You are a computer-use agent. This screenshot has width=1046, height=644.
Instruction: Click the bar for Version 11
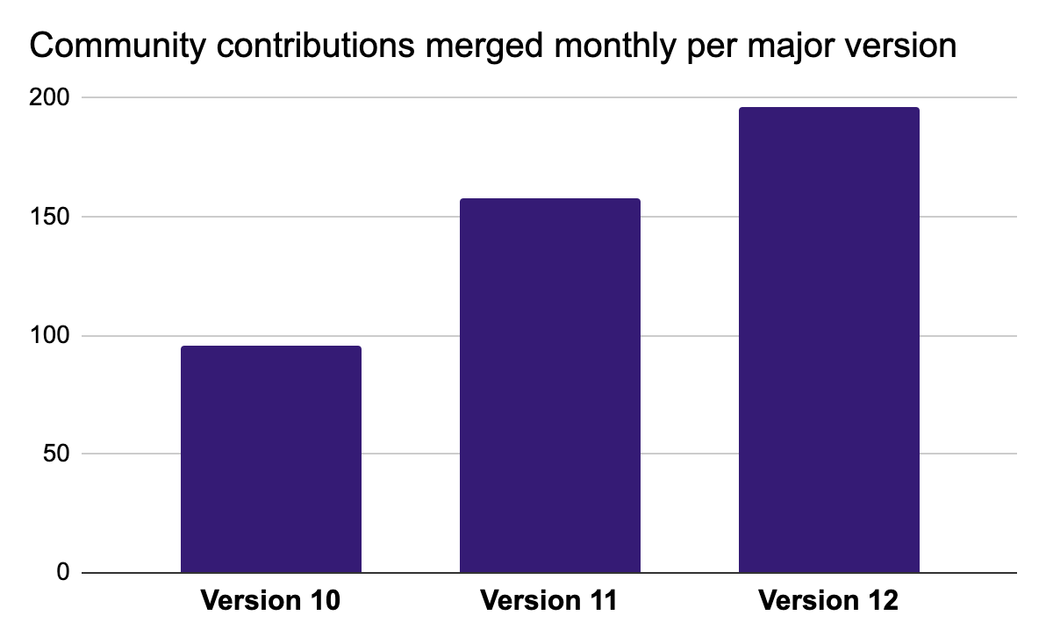pyautogui.click(x=550, y=386)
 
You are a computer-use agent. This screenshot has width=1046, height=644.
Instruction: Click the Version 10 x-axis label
pyautogui.click(x=270, y=602)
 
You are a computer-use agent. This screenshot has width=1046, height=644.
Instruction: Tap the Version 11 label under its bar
pyautogui.click(x=549, y=602)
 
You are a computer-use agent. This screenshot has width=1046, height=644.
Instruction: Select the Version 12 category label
pyautogui.click(x=829, y=602)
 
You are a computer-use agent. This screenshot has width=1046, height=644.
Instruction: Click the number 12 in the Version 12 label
pyautogui.click(x=880, y=602)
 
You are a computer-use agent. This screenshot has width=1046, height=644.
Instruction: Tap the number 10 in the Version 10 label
pyautogui.click(x=321, y=602)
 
